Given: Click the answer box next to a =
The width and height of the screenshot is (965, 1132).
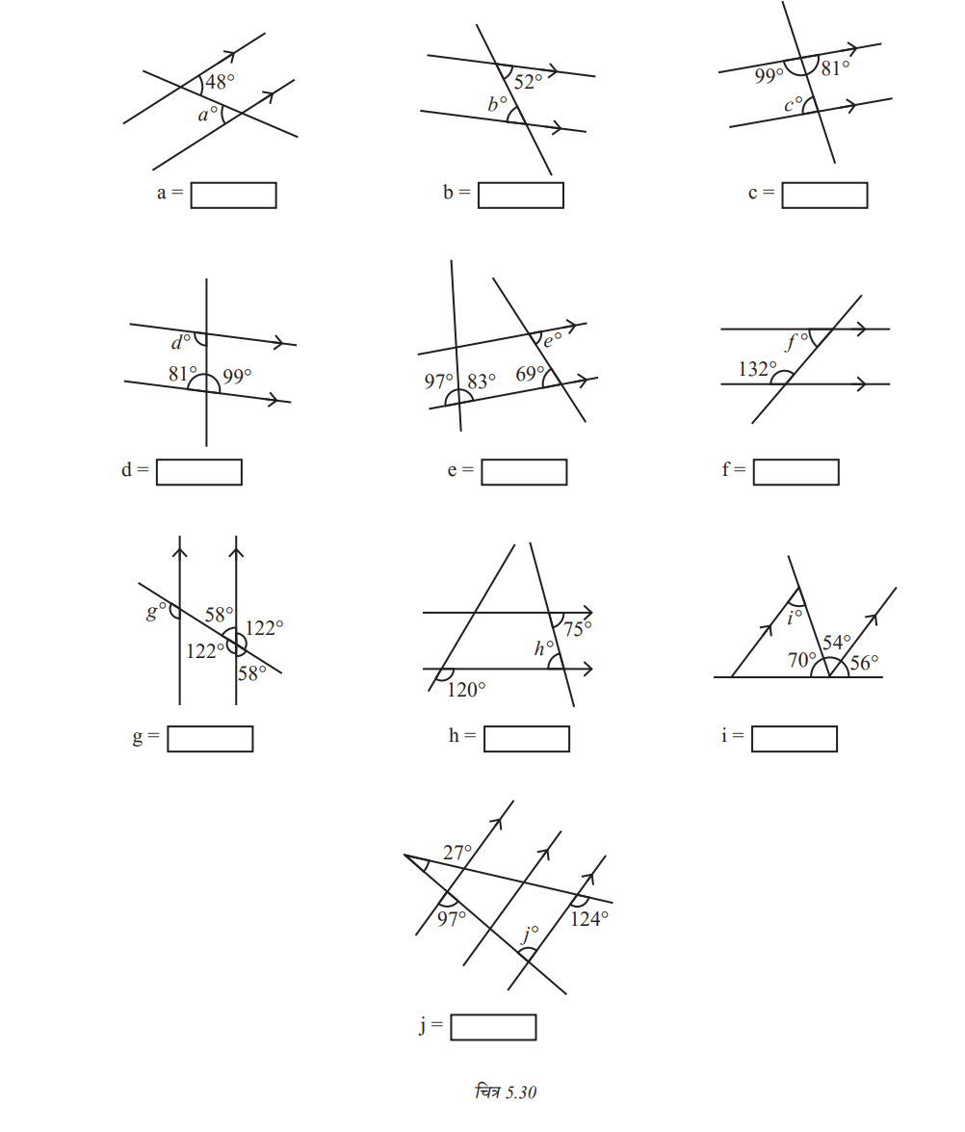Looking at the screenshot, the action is (233, 195).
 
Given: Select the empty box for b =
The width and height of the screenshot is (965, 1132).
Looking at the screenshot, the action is (520, 195).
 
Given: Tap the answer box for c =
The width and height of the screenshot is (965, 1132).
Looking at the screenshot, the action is (824, 195).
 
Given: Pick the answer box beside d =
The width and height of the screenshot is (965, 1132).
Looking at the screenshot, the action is (198, 472).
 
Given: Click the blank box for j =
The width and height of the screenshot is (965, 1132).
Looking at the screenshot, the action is (493, 1027).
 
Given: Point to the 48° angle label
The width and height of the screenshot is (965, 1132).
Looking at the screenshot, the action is (220, 82).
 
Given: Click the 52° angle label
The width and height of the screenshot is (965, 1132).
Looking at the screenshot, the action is (528, 82).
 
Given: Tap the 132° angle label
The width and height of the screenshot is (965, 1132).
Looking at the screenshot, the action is (757, 369).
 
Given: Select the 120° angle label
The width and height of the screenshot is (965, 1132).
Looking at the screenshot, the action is (465, 690).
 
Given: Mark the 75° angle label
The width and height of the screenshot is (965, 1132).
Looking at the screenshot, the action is (578, 629).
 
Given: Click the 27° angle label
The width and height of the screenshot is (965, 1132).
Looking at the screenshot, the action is (456, 853).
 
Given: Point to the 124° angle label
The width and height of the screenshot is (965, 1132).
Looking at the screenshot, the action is (589, 919).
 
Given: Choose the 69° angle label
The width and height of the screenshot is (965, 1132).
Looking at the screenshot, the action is (530, 373).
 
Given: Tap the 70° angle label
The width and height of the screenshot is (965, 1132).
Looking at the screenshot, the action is (801, 660).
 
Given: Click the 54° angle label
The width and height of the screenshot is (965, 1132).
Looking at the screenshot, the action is (837, 642).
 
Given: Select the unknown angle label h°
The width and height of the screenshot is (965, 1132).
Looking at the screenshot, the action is (543, 648).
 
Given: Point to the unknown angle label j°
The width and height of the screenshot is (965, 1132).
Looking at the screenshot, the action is (529, 935).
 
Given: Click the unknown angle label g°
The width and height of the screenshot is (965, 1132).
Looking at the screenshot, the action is (155, 611).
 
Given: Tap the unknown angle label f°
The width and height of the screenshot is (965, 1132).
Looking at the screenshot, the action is (796, 341).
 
